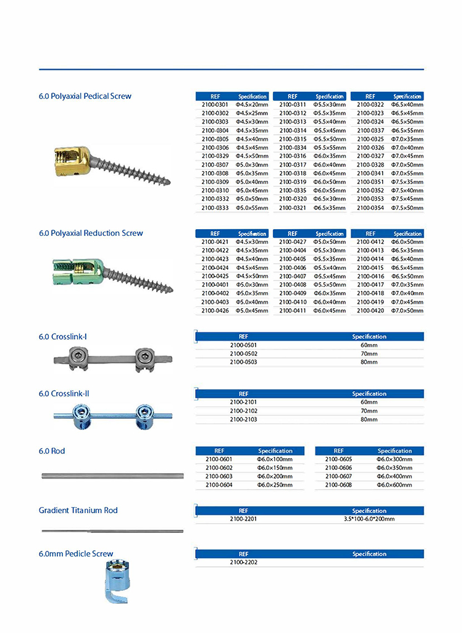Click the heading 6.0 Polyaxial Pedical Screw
click(x=85, y=96)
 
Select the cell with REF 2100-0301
click(x=215, y=105)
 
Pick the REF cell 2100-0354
click(x=370, y=208)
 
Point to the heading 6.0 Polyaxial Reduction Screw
click(x=91, y=233)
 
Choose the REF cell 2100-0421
click(x=215, y=242)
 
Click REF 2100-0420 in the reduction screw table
click(x=370, y=311)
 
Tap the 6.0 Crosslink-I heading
click(x=63, y=337)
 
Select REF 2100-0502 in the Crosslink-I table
click(x=243, y=354)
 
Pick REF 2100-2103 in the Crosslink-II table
click(x=243, y=419)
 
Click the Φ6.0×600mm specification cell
click(x=394, y=485)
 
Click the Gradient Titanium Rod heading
click(x=78, y=510)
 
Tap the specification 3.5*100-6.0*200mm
click(x=369, y=519)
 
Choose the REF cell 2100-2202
click(x=243, y=563)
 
